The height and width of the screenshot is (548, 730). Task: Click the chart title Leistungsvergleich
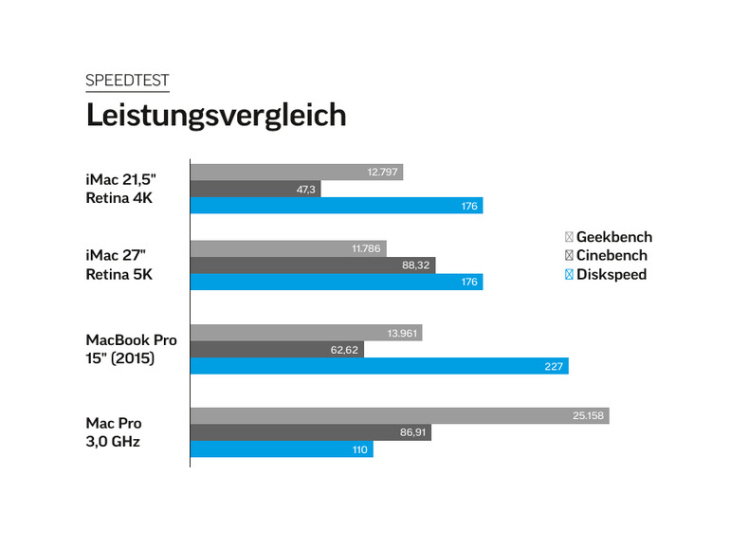216,115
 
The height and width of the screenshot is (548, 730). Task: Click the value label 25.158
590,416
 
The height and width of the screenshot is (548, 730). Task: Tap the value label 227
555,366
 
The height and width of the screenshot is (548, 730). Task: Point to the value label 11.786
366,248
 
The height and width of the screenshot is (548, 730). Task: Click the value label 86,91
415,432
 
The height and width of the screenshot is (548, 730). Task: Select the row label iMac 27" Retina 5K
119,265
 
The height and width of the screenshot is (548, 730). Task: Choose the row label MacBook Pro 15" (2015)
131,348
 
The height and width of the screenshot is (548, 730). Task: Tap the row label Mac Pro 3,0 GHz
114,432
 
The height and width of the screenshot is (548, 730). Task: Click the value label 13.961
403,333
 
